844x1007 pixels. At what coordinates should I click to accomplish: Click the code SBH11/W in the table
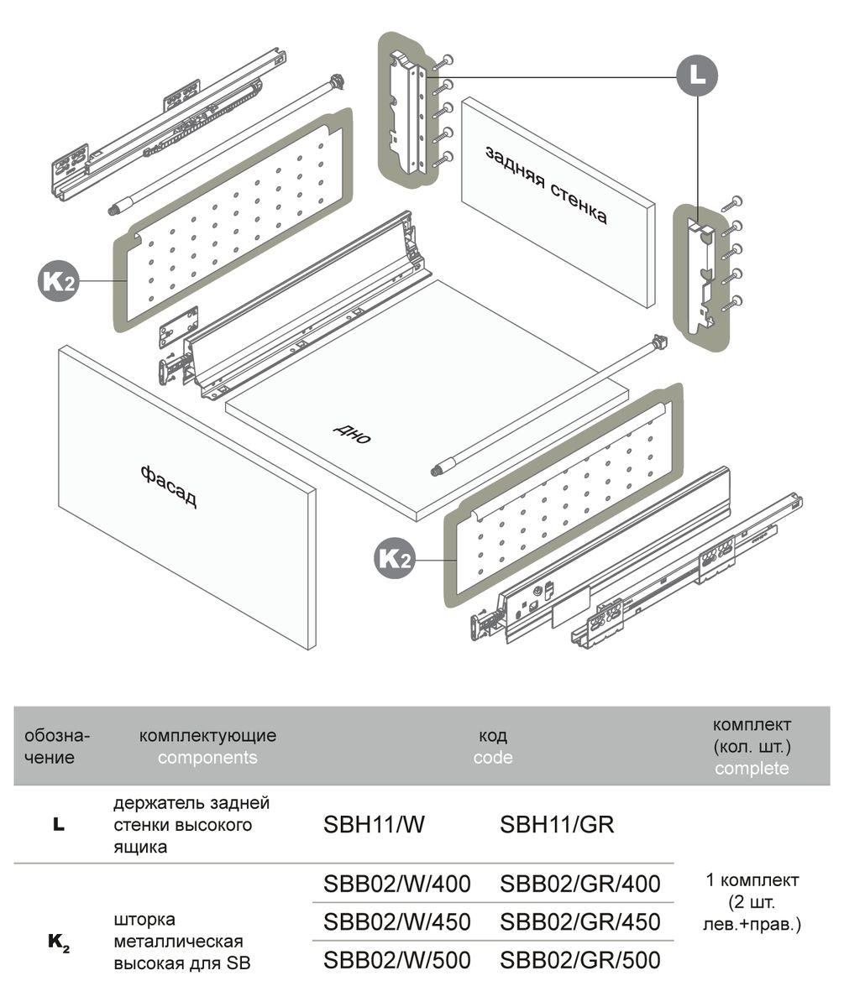tap(374, 825)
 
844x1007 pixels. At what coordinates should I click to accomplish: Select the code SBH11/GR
tap(557, 825)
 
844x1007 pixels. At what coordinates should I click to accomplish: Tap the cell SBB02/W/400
tap(396, 884)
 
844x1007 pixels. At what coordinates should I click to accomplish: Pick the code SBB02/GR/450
tap(579, 921)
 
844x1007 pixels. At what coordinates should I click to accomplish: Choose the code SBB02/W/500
tap(396, 959)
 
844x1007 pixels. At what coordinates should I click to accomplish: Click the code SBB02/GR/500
tap(579, 959)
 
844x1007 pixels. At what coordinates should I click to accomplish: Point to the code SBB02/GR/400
tap(579, 884)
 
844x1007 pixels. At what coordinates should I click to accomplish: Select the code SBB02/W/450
tap(396, 921)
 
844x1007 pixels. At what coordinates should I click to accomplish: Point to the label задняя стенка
tap(545, 185)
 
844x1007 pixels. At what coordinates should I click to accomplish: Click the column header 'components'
tap(207, 758)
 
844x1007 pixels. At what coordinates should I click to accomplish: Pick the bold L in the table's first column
tap(58, 826)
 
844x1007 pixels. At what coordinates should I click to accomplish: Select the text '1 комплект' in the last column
tap(752, 881)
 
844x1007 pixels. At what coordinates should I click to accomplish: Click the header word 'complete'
tap(752, 769)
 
